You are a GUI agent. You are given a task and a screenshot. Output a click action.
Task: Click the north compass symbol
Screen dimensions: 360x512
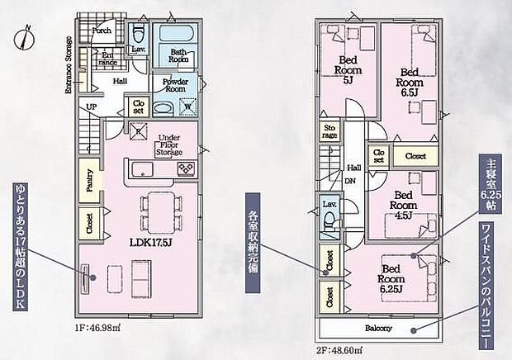(27, 37)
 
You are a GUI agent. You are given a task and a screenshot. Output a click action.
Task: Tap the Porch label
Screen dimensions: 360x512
(102, 31)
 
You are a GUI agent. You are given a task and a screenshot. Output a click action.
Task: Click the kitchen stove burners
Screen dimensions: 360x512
(185, 169)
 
